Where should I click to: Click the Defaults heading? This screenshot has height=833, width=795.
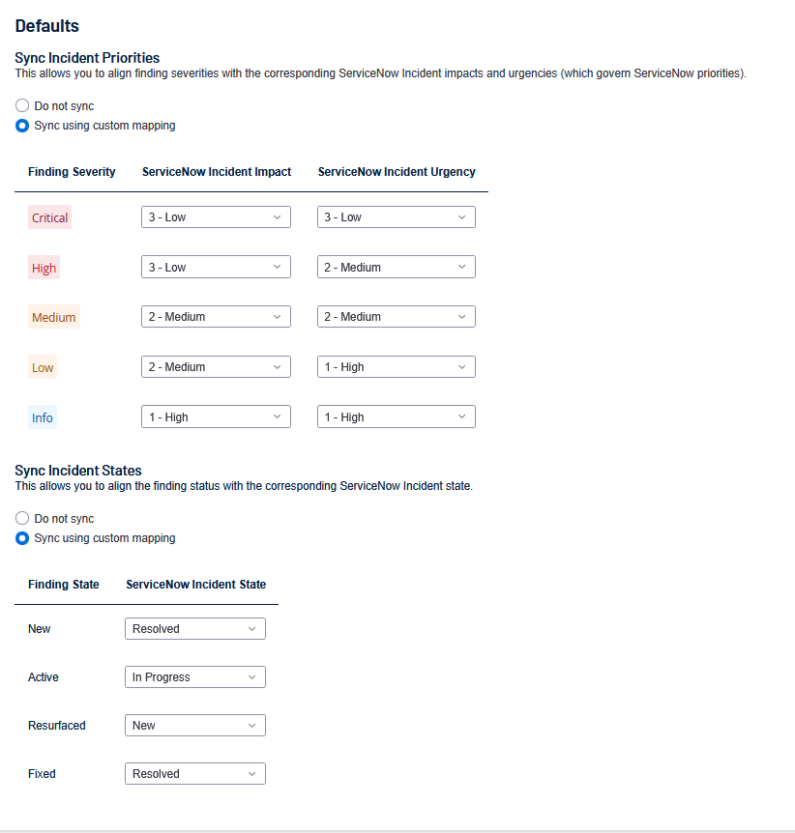(x=47, y=26)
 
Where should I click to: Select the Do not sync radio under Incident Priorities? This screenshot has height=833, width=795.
(x=22, y=105)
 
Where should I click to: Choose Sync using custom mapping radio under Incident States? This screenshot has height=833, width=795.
(x=22, y=538)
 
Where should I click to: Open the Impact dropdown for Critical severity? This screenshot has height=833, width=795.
(x=216, y=217)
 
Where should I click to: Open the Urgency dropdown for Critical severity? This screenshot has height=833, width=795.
(x=396, y=217)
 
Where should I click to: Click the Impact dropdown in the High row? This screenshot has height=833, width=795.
(x=216, y=267)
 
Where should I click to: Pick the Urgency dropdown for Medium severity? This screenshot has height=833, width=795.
(x=396, y=316)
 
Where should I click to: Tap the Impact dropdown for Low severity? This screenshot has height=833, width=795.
(x=216, y=367)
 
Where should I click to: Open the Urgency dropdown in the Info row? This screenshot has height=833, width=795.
(x=396, y=417)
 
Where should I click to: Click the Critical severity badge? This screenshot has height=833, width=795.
(x=49, y=217)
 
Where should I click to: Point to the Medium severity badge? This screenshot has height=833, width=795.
(x=53, y=317)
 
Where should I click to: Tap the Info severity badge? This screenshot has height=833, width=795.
(x=43, y=417)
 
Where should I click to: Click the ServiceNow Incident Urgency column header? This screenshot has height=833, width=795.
(x=397, y=172)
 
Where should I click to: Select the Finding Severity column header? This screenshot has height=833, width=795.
(x=72, y=172)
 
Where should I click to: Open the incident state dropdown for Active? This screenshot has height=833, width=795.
(x=194, y=677)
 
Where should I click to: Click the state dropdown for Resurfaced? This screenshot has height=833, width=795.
(x=194, y=726)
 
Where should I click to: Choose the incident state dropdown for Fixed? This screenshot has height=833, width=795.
(x=194, y=774)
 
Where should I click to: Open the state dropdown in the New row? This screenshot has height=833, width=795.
(x=194, y=629)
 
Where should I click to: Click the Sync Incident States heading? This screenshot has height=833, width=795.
(x=78, y=471)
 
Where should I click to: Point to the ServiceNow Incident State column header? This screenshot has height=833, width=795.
(x=196, y=585)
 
